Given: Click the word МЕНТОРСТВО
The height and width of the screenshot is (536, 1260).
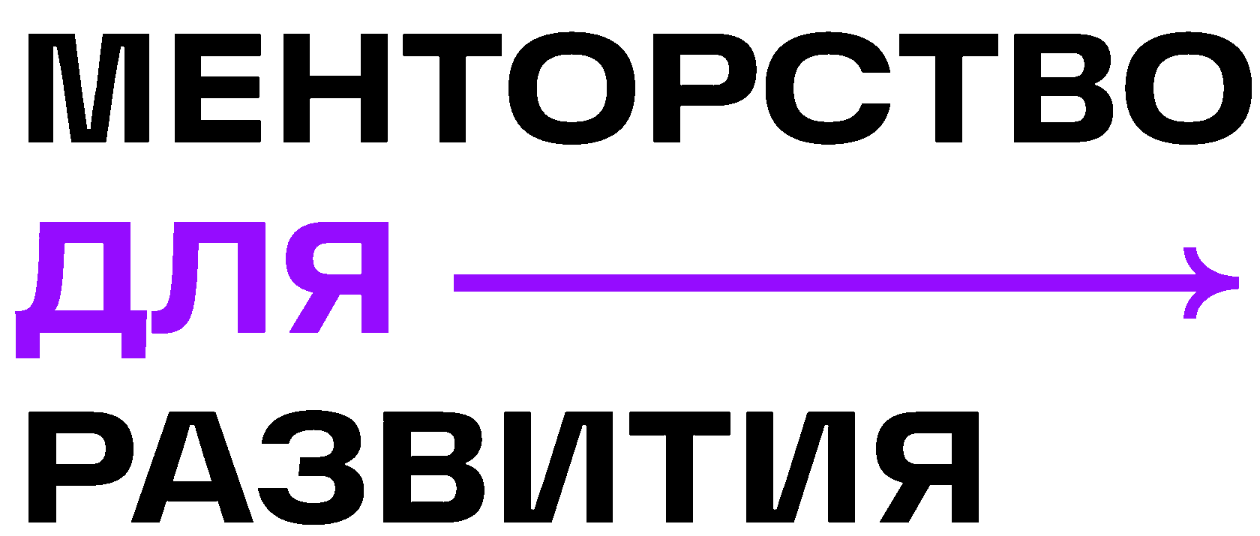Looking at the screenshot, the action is click(x=637, y=88).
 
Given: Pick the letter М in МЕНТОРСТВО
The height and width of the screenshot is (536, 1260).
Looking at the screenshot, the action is click(x=88, y=88).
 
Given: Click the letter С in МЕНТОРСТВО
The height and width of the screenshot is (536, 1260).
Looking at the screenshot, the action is click(x=829, y=88).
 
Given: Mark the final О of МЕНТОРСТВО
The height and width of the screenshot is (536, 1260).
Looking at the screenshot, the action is click(x=1189, y=88).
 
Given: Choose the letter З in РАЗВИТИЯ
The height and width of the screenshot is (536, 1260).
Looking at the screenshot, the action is click(x=311, y=466).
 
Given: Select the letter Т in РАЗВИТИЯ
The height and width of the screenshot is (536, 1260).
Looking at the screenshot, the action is click(x=679, y=466).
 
